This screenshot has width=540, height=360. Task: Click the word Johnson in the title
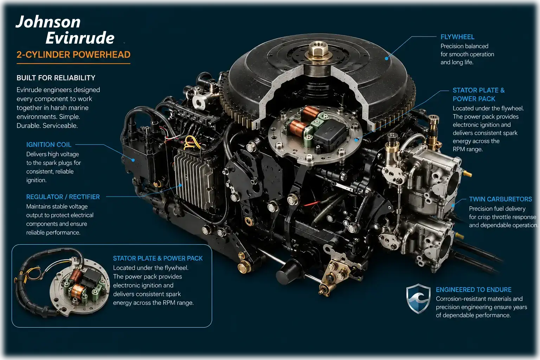tap(48, 22)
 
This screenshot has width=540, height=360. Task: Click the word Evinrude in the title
tap(80, 38)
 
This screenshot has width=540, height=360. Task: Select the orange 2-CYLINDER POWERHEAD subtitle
tap(73, 54)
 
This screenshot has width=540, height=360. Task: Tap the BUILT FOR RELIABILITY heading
tap(56, 78)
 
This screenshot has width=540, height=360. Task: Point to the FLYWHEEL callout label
tap(457, 37)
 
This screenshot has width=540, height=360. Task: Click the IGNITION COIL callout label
tap(49, 144)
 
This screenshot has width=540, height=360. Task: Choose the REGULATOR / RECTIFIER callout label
tap(63, 197)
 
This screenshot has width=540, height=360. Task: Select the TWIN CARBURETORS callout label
tap(501, 199)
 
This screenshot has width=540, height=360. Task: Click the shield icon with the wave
tap(418, 298)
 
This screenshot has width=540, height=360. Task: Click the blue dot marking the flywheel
tap(386, 58)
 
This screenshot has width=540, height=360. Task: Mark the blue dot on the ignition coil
tap(133, 160)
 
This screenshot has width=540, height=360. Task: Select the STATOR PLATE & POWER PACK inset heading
tap(158, 258)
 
